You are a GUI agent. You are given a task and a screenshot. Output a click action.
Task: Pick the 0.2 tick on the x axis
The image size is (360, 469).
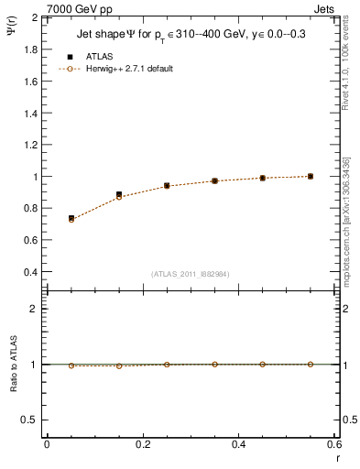[142, 444]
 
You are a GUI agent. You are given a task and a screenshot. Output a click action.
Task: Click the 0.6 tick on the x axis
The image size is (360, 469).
[333, 444]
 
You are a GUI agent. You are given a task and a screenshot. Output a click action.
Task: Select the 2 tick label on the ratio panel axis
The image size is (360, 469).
[33, 309]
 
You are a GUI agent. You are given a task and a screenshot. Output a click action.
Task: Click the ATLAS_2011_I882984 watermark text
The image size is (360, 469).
[191, 273]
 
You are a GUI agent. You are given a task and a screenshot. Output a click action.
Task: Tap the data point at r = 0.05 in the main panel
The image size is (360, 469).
[71, 219]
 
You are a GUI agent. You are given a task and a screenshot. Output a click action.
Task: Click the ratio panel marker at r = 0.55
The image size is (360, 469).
[311, 364]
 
